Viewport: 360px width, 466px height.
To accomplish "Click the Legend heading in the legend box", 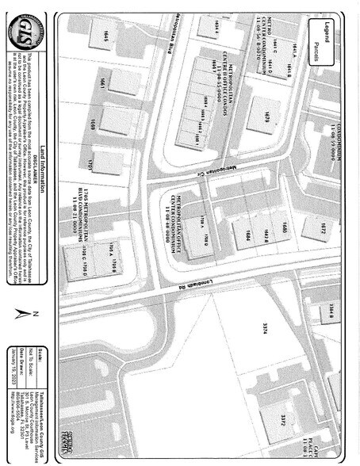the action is [327, 32].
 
